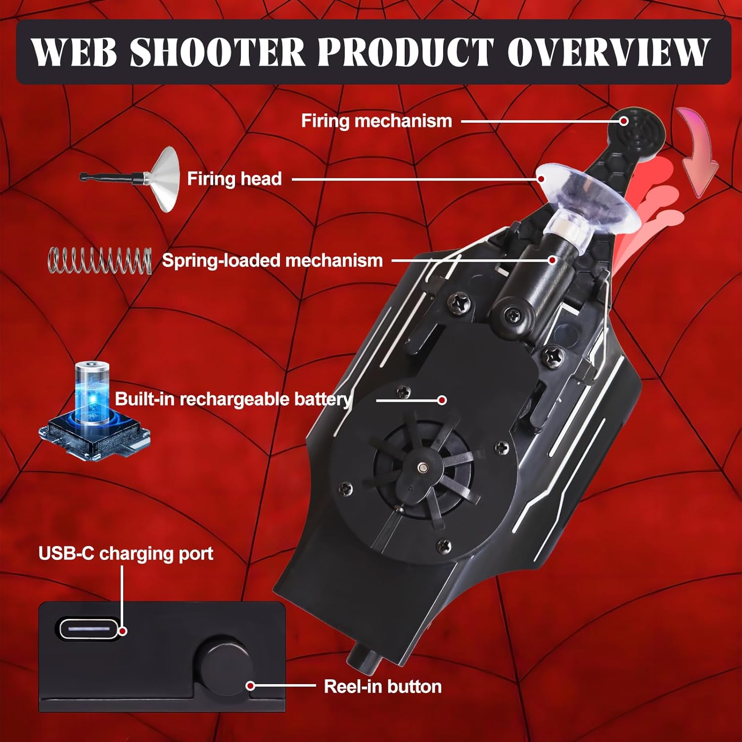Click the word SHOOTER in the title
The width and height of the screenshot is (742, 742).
pyautogui.click(x=218, y=51)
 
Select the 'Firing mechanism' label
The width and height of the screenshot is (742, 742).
pyautogui.click(x=376, y=121)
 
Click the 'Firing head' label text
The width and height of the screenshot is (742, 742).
pyautogui.click(x=234, y=179)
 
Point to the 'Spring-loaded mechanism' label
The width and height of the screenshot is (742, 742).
pyautogui.click(x=273, y=261)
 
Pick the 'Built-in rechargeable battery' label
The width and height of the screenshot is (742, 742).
pyautogui.click(x=233, y=399)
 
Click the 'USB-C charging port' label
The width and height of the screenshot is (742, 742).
pyautogui.click(x=126, y=554)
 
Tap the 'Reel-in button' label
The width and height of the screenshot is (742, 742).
pyautogui.click(x=382, y=687)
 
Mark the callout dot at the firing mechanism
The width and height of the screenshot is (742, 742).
pyautogui.click(x=624, y=121)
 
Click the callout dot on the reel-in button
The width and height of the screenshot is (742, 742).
pyautogui.click(x=251, y=686)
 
